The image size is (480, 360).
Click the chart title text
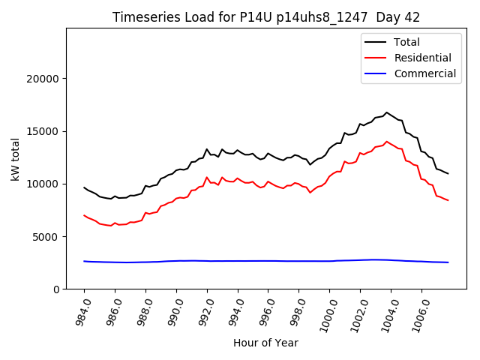pyautogui.click(x=266, y=17)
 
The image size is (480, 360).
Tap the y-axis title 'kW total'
pyautogui.click(x=15, y=158)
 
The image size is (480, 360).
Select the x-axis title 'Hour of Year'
pyautogui.click(x=265, y=343)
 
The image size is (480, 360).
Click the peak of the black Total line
pyautogui.click(x=387, y=112)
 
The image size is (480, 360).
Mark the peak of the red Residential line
pyautogui.click(x=387, y=142)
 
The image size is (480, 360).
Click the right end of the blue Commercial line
pyautogui.click(x=448, y=262)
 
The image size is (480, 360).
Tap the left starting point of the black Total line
pyautogui.click(x=84, y=187)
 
